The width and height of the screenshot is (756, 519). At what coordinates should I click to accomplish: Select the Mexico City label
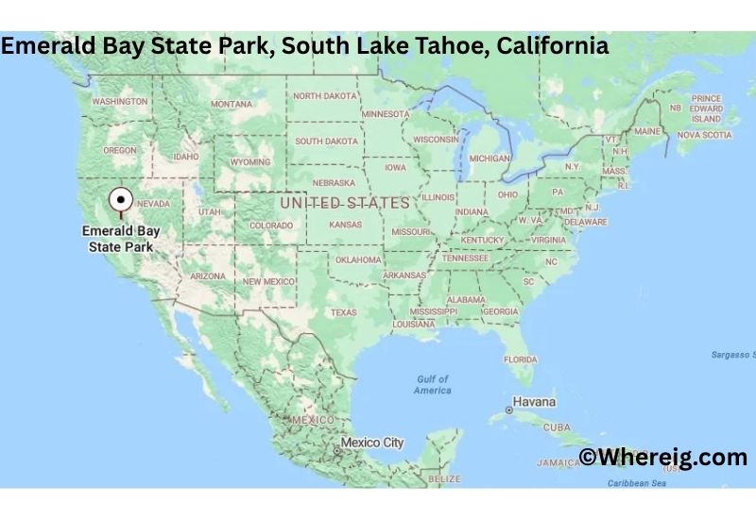371,442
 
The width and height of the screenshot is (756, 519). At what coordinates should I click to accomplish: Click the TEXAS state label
343,312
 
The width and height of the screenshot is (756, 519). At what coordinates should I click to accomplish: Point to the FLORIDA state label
520,359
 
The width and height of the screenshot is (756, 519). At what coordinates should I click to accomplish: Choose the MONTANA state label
232,104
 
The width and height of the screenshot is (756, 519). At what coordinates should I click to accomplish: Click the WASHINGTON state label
120,101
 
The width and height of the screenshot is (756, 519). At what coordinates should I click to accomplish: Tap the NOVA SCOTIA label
704,135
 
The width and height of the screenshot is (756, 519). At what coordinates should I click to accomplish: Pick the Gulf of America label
433,385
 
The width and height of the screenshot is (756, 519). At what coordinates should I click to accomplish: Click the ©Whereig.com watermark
663,458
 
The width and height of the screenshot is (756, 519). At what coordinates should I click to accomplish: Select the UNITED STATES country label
345,203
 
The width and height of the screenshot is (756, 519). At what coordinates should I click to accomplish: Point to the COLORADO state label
271,226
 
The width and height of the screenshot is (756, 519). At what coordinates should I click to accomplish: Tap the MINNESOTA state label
386,114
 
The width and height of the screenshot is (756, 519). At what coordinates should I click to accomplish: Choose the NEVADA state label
153,204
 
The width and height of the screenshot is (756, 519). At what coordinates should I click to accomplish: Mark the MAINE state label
647,131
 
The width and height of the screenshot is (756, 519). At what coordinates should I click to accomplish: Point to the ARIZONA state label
208,276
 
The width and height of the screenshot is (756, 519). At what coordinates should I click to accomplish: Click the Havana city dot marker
510,410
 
